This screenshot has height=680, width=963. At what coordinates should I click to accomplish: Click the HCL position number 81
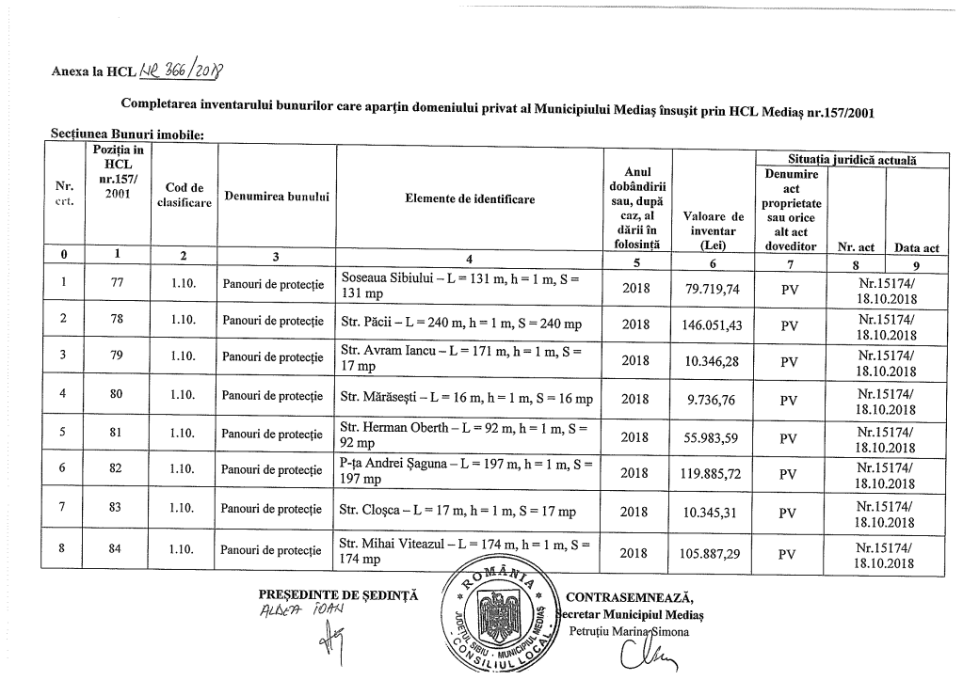coord(117,435)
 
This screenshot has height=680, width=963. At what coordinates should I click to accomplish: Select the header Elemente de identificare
coord(470,199)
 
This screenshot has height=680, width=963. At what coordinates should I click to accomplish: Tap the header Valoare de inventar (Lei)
coord(713,230)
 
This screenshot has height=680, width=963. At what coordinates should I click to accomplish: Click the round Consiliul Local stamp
coord(506,617)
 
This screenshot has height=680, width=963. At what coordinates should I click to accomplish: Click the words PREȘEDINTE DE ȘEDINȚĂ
coord(338,595)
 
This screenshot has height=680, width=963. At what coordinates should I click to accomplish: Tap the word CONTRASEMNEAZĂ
coord(630,597)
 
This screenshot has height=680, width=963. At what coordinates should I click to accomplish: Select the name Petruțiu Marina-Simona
coord(630,632)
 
